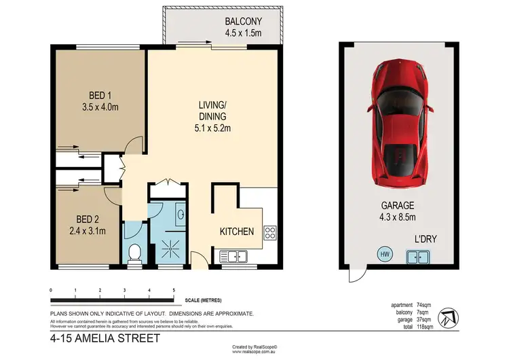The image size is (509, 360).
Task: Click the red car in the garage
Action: point(400,124)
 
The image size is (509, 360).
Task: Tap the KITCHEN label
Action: point(237,232)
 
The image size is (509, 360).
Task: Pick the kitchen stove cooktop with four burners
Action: point(269,233)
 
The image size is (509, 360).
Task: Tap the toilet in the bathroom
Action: point(134,253)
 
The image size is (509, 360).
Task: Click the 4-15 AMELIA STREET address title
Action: point(105,338)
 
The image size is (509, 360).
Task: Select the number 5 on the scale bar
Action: point(174,291)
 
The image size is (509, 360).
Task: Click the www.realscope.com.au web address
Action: point(253,353)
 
